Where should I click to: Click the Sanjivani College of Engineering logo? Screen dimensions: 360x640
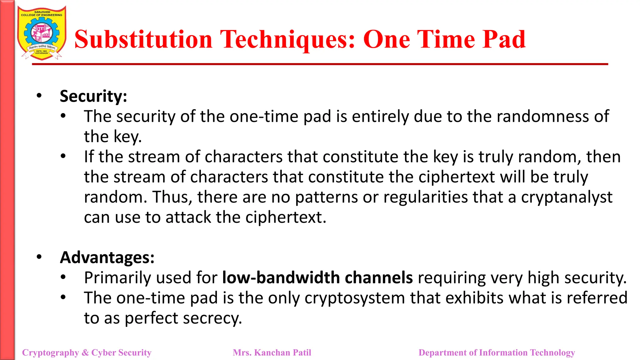click(x=42, y=33)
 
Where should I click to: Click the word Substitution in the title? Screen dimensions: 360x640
click(x=143, y=39)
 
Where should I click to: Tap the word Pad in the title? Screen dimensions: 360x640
click(x=504, y=39)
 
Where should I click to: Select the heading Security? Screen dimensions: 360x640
click(x=93, y=96)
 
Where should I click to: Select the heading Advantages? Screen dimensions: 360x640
click(x=107, y=257)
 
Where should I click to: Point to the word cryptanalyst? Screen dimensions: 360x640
click(x=566, y=197)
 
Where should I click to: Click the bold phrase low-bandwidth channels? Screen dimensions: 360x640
click(x=317, y=277)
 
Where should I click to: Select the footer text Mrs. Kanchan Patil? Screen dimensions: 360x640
click(x=272, y=352)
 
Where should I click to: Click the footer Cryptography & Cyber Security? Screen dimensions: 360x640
click(x=87, y=352)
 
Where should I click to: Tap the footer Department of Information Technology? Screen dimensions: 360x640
click(x=497, y=352)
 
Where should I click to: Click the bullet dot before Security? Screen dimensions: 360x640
click(x=39, y=96)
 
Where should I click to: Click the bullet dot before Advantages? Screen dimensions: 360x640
click(x=39, y=257)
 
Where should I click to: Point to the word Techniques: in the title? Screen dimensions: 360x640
click(x=287, y=39)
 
